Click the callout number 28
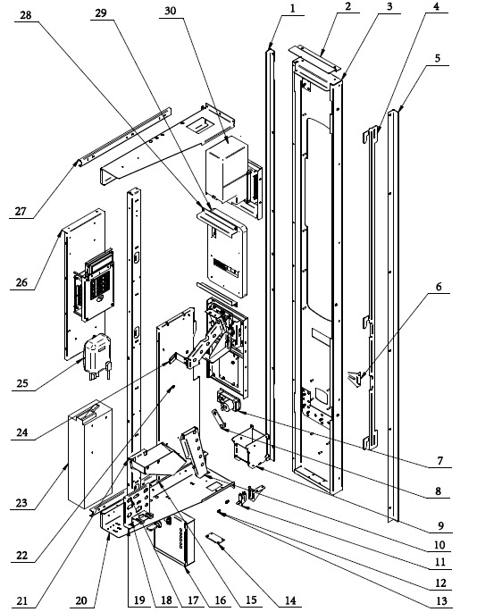[x=26, y=15]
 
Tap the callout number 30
[x=171, y=11]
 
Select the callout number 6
[x=439, y=287]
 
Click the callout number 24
[x=22, y=432]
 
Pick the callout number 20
[x=81, y=600]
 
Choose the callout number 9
[x=441, y=525]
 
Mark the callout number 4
[x=437, y=6]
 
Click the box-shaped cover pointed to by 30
[x=227, y=168]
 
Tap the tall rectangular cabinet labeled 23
[x=90, y=454]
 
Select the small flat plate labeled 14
[x=216, y=538]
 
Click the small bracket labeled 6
[x=356, y=378]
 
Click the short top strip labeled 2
[x=313, y=58]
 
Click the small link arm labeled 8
[x=219, y=419]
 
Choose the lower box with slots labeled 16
[x=174, y=541]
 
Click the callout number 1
[x=293, y=8]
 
